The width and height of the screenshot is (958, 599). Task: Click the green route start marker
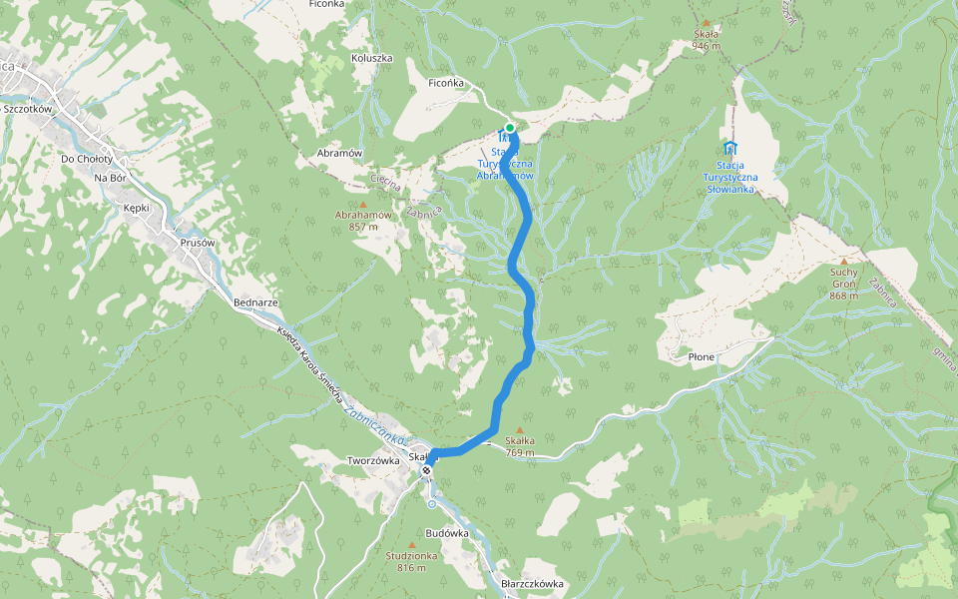tap(510, 128)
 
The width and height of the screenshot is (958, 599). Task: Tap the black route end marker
tap(426, 469)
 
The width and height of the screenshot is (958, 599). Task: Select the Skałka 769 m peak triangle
tap(519, 429)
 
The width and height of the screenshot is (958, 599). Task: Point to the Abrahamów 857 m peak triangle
tap(363, 205)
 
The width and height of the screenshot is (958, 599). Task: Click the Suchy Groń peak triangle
tap(843, 261)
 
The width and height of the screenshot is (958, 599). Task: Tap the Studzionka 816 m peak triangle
tap(412, 544)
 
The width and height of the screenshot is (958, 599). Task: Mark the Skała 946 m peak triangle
tap(707, 23)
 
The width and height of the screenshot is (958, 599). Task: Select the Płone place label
tap(702, 355)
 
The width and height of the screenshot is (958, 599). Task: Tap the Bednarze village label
tap(254, 301)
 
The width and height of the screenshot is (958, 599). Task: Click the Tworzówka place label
tap(373, 460)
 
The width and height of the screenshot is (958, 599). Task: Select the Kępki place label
tap(136, 208)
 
